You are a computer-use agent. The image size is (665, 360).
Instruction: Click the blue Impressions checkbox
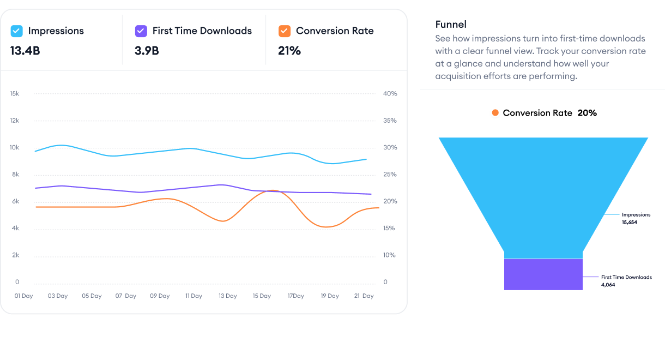pos(16,31)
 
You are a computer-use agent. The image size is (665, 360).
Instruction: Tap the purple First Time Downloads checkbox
pos(141,31)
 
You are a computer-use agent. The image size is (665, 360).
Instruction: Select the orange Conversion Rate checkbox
pos(284,31)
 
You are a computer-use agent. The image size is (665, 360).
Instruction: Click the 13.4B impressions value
pos(25,51)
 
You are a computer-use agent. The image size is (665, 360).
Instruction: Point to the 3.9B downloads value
pos(147,51)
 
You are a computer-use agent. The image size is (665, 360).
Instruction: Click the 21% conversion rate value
pos(289,51)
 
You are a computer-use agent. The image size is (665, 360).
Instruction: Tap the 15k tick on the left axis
pos(15,94)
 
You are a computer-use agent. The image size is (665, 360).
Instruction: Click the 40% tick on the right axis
pos(390,94)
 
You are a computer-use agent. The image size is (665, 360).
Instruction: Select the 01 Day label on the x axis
pos(24,296)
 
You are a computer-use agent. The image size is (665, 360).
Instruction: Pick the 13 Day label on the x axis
pos(227,296)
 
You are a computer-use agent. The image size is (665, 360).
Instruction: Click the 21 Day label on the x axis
pos(363,296)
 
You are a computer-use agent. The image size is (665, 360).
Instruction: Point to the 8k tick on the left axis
pos(15,175)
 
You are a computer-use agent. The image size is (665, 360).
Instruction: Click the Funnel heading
pos(451,25)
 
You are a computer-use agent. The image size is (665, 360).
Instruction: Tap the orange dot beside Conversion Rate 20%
pos(495,113)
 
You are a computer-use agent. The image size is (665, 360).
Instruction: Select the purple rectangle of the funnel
pos(543,274)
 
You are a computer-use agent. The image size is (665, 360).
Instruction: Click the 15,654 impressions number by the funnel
pos(630,223)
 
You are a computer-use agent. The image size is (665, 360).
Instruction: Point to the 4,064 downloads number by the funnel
pos(608,285)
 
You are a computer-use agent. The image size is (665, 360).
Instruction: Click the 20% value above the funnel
pos(587,113)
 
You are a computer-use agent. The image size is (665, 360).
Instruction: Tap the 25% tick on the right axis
pos(390,175)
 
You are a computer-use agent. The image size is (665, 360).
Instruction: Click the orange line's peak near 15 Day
pos(273,190)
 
